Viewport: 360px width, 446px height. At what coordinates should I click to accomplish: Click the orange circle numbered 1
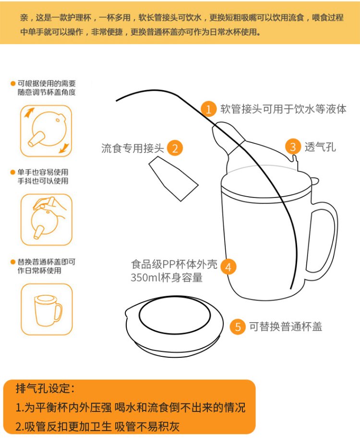point(209,109)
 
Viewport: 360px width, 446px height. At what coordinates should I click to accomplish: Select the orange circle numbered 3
point(293,147)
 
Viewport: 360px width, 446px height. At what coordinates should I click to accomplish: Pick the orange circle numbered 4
point(228,267)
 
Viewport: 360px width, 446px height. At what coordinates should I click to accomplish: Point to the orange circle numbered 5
point(238,327)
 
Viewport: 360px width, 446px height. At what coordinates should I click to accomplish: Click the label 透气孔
point(320,147)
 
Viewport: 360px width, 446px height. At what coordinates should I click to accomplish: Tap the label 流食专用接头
point(132,148)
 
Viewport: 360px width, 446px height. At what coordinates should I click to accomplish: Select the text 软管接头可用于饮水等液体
point(283,109)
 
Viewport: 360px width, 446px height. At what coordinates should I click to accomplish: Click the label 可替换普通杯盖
point(286,327)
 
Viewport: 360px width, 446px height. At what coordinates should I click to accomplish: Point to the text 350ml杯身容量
point(167,278)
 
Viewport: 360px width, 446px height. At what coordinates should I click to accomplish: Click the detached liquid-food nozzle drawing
point(174,178)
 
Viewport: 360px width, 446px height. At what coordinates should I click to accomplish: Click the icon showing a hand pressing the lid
point(47,220)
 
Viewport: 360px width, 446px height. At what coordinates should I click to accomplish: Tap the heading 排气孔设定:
point(46,388)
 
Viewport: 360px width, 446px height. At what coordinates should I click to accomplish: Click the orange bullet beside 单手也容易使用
point(12,172)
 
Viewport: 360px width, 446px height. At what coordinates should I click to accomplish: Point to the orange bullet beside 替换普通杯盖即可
point(12,262)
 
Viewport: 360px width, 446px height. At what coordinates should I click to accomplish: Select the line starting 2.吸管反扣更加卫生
point(97,426)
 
